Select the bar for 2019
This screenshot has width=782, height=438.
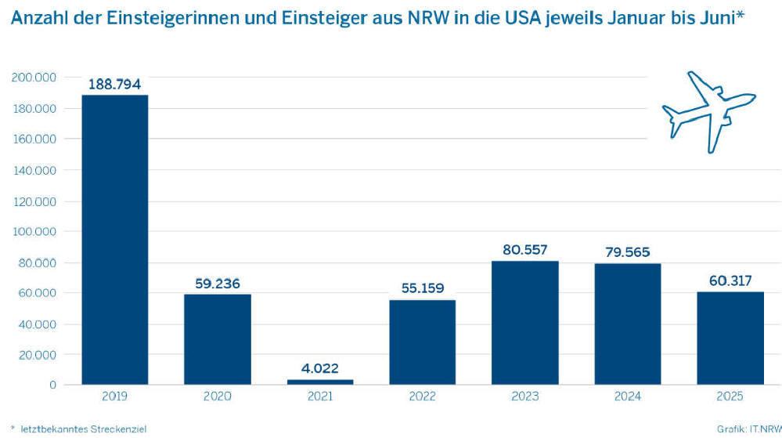click(114, 239)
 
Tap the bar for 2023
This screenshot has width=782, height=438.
click(524, 322)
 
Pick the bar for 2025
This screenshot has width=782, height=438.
click(730, 338)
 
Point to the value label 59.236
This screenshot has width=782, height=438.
click(217, 282)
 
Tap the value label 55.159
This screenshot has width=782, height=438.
click(422, 288)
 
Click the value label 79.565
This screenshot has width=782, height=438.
click(627, 252)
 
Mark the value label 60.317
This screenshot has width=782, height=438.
click(730, 280)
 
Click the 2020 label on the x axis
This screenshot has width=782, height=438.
click(217, 397)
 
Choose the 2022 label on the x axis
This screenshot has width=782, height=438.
click(422, 397)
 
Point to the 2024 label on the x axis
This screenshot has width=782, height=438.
click(627, 397)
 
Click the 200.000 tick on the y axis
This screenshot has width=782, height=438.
click(33, 77)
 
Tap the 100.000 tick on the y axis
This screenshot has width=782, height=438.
click(33, 231)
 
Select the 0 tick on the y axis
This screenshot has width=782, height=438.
click(52, 385)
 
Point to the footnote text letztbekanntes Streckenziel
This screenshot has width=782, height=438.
click(82, 429)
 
